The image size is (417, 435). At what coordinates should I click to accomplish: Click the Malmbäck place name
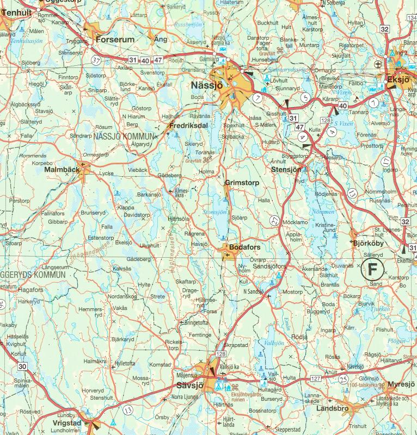[x=63, y=170]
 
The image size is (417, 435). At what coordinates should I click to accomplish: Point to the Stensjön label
[x=286, y=170]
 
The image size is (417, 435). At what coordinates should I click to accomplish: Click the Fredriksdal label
[x=188, y=125]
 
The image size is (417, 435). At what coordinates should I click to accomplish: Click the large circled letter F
[x=372, y=268]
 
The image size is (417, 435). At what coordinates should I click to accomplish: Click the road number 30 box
[x=22, y=366]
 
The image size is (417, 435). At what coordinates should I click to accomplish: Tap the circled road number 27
[x=274, y=220]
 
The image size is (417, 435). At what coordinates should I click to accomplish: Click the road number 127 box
[x=315, y=378]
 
